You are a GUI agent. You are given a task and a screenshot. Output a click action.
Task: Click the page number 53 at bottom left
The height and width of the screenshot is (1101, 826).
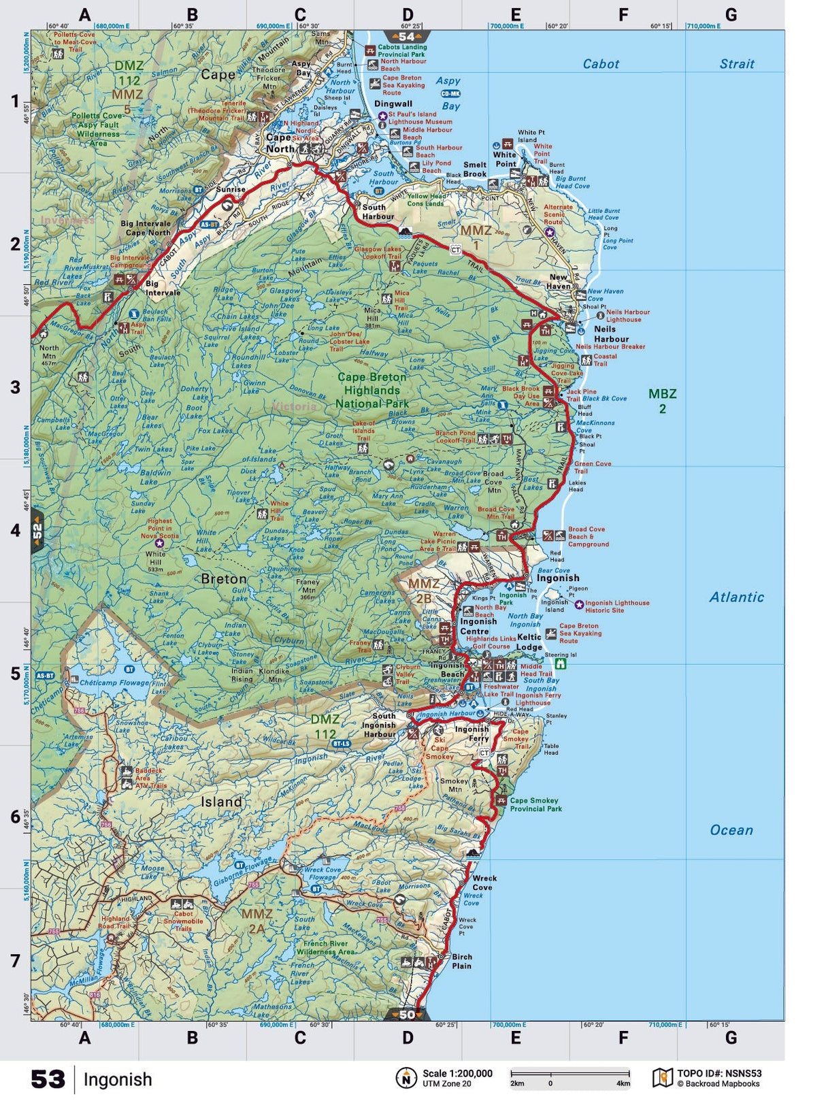48,1079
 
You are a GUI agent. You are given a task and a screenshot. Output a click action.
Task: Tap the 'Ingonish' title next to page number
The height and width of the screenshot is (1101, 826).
118,1079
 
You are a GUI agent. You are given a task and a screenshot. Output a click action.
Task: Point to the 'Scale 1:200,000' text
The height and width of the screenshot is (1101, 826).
457,1073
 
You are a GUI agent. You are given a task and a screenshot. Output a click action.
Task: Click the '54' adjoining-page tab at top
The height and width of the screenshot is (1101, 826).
407,37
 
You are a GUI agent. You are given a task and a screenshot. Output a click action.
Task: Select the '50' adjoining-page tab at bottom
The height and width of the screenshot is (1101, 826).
407,1015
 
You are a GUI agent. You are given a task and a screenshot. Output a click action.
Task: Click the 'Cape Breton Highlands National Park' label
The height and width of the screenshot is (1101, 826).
371,390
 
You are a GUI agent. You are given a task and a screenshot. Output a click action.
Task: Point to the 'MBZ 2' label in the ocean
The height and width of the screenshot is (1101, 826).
662,401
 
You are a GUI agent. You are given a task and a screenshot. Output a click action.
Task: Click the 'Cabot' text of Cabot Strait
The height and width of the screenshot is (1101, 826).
601,64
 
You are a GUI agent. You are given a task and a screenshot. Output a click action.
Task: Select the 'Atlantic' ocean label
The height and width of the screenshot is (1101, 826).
736,597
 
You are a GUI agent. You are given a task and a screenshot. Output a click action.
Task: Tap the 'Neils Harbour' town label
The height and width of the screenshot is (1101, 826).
611,333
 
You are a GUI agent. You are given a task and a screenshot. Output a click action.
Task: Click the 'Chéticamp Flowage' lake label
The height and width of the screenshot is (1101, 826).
114,682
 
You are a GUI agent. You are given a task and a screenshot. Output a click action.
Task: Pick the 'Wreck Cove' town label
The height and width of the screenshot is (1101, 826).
484,883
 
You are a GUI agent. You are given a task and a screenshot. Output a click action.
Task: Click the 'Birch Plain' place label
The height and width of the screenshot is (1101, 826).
461,961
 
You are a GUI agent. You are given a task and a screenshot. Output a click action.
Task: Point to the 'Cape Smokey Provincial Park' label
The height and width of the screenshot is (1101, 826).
535,804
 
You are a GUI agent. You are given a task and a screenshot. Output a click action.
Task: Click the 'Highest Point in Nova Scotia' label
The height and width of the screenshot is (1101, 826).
160,528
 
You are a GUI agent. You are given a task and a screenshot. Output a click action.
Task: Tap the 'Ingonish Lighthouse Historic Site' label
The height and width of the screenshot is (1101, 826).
616,606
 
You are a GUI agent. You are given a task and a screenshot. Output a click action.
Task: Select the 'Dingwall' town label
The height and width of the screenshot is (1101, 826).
393,103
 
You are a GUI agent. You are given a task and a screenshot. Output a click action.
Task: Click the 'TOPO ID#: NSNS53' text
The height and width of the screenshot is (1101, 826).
718,1073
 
